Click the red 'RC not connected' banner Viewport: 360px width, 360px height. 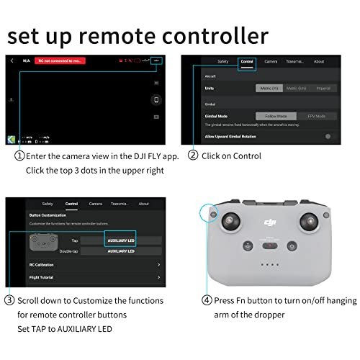(x=65, y=60)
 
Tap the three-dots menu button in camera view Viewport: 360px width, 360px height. (x=157, y=60)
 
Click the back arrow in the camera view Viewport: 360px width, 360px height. (x=12, y=61)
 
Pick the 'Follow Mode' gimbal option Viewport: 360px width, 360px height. (x=276, y=115)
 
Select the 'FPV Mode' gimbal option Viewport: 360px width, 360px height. (x=317, y=115)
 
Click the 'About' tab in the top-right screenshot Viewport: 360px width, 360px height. (x=319, y=61)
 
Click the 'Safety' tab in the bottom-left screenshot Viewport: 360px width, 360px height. (x=48, y=204)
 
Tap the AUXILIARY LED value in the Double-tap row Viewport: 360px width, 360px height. (x=121, y=251)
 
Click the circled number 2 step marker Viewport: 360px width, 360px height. (x=193, y=155)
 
